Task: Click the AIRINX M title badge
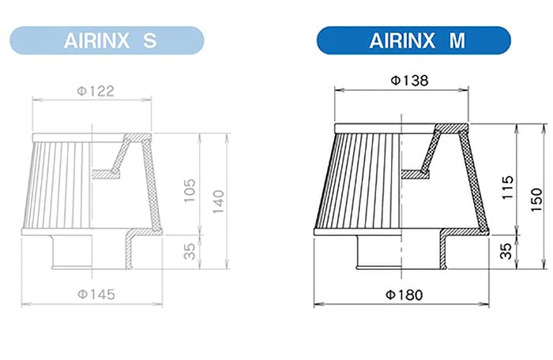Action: [414, 40]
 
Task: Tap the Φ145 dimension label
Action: [96, 294]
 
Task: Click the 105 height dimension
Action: [190, 189]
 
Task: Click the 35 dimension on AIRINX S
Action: [190, 251]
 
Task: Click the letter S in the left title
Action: [150, 40]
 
